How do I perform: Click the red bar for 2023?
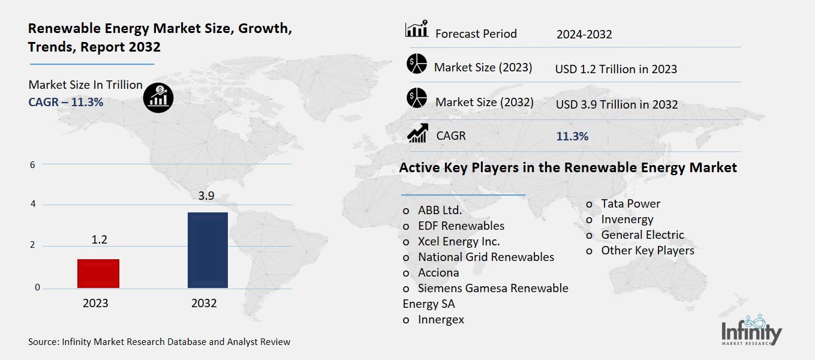pyautogui.click(x=98, y=273)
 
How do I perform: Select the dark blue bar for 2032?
pyautogui.click(x=207, y=250)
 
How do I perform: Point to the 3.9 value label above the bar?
pyautogui.click(x=206, y=196)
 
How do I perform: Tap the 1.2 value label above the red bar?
pyautogui.click(x=99, y=239)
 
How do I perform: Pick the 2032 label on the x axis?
pyautogui.click(x=204, y=303)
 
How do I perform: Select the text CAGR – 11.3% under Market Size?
pyautogui.click(x=66, y=102)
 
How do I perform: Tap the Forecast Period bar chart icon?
pyautogui.click(x=416, y=29)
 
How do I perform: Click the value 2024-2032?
pyautogui.click(x=584, y=34)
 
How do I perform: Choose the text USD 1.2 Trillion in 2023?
pyautogui.click(x=616, y=69)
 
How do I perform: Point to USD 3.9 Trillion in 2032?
pyautogui.click(x=616, y=104)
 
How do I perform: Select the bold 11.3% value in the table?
pyautogui.click(x=572, y=136)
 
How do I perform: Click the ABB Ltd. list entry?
pyautogui.click(x=440, y=210)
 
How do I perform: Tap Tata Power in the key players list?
pyautogui.click(x=630, y=203)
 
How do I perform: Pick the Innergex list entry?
pyautogui.click(x=441, y=319)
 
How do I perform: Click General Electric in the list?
pyautogui.click(x=642, y=235)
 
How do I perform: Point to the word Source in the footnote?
pyautogui.click(x=43, y=342)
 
